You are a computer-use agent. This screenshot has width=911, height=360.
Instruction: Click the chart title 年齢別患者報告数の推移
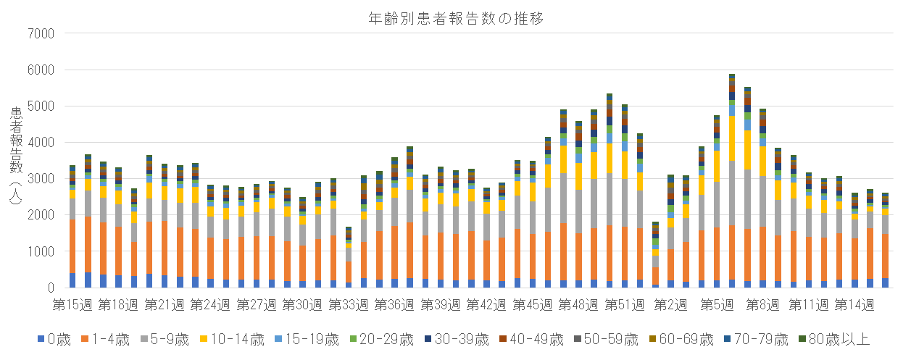pyautogui.click(x=455, y=18)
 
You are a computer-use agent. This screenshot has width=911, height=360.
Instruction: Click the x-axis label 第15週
pyautogui.click(x=73, y=304)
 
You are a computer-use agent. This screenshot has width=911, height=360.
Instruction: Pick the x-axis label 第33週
pyautogui.click(x=349, y=304)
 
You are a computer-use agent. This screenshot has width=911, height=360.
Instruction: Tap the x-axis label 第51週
pyautogui.click(x=624, y=304)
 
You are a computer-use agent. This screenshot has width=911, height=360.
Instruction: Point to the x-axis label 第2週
pyautogui.click(x=670, y=304)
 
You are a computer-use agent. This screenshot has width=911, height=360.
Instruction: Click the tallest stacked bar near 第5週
pyautogui.click(x=732, y=181)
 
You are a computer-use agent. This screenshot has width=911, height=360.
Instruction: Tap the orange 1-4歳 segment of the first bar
pyautogui.click(x=72, y=246)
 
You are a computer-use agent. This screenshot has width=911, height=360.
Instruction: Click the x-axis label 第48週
pyautogui.click(x=578, y=304)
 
